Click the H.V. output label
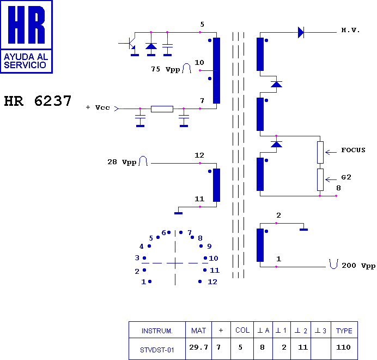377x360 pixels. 350,30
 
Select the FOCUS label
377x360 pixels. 353,150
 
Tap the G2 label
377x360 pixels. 346,177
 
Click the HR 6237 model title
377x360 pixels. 38,101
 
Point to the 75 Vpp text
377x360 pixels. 166,69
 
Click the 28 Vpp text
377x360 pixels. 122,162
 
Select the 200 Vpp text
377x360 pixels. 358,266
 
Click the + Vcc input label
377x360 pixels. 98,107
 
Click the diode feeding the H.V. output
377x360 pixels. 301,32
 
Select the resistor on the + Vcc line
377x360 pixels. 162,109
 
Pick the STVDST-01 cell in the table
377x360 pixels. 157,350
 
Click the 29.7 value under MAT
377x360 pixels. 198,347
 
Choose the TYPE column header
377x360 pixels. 344,331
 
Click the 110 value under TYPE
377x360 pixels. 343,347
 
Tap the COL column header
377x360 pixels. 242,330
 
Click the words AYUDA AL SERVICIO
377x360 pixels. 26,61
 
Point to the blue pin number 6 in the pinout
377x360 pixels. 164,232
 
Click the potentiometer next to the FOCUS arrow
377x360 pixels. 320,152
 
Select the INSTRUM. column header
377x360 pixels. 157,331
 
